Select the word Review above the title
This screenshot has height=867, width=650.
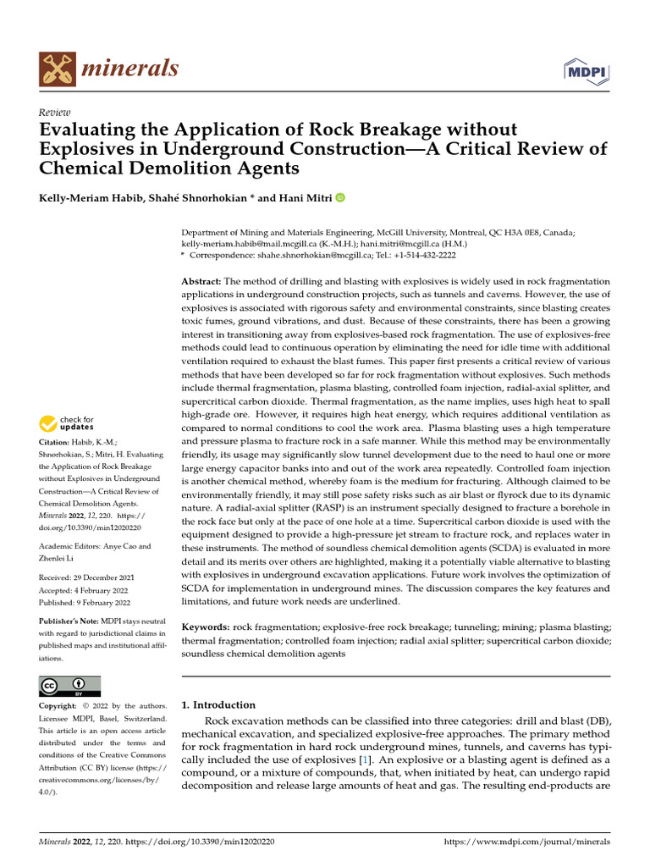pyautogui.click(x=55, y=113)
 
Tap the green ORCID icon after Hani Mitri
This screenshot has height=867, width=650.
pyautogui.click(x=340, y=198)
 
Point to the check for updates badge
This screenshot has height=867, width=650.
pyautogui.click(x=67, y=423)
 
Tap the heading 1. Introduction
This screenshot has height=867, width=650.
pyautogui.click(x=218, y=704)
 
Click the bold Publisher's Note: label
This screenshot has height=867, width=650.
pyautogui.click(x=69, y=620)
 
